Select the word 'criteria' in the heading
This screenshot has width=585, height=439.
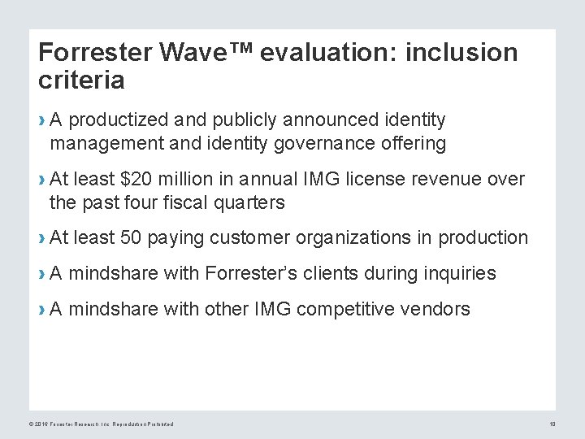81,80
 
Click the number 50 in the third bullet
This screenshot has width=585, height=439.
131,237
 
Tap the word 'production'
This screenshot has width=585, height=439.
483,237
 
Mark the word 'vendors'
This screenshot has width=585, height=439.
439,309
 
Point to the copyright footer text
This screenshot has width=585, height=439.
102,424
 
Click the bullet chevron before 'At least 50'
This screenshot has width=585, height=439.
41,238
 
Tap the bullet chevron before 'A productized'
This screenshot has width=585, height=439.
41,121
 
